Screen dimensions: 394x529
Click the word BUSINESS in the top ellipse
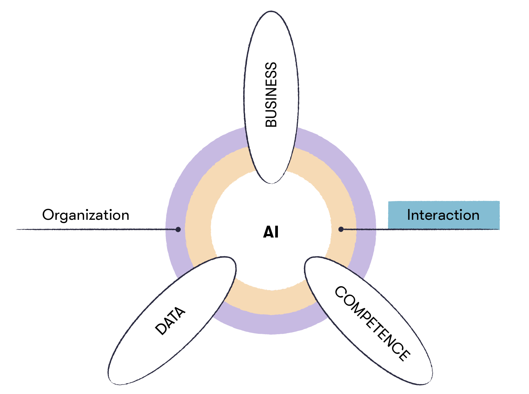point(271,95)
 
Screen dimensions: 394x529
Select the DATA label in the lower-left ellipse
point(170,321)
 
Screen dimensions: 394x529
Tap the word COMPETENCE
point(372,323)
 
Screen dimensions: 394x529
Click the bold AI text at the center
point(271,232)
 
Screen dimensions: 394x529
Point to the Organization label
point(86,215)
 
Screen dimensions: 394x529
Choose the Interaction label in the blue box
point(443,215)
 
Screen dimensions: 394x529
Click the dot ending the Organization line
point(178,229)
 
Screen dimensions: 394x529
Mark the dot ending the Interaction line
point(341,229)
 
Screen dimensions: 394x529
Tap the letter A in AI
point(268,232)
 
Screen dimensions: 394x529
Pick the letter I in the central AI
point(276,232)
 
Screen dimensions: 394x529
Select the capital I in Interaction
point(409,215)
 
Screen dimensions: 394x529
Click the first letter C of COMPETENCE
point(340,292)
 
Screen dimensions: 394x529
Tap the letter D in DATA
point(161,329)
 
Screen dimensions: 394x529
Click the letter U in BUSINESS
point(271,113)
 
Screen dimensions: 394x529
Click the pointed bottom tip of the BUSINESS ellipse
point(271,183)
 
